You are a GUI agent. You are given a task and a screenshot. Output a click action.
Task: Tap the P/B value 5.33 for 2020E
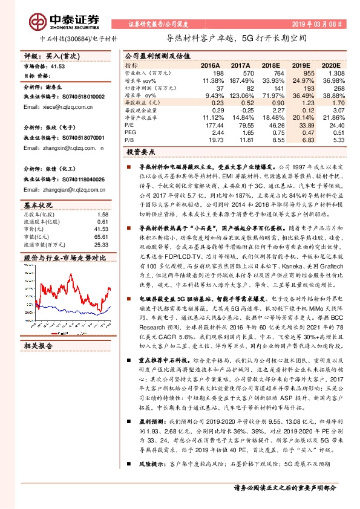pos(341,140)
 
